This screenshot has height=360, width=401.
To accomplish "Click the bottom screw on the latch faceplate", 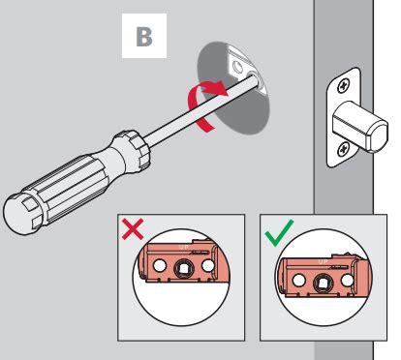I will tap(346, 148).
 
